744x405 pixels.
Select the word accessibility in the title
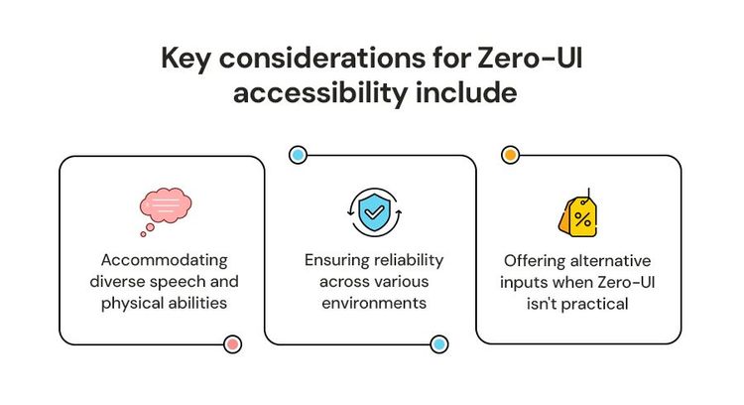(x=310, y=94)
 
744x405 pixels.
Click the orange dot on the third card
(x=510, y=156)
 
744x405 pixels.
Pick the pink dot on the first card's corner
(x=233, y=344)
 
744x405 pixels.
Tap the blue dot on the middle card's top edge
(x=297, y=156)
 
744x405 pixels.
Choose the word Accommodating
(x=164, y=260)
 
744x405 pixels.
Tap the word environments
(x=373, y=302)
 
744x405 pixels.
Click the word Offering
(x=534, y=262)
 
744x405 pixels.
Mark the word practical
(x=593, y=304)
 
